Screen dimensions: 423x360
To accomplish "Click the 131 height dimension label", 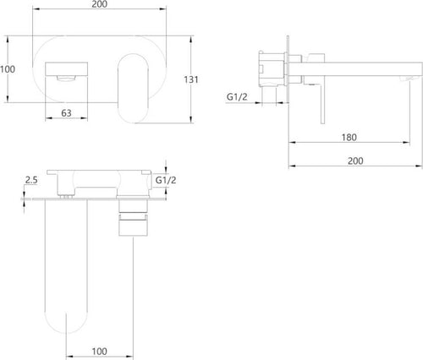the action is coord(191,79).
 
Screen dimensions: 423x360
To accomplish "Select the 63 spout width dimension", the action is coord(66,113).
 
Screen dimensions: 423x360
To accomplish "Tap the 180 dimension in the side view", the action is coord(349,138).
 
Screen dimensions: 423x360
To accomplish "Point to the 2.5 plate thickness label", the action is coord(31,180).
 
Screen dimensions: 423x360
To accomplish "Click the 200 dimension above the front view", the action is coord(100,4).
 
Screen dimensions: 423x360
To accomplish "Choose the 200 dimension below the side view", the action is coord(355,161).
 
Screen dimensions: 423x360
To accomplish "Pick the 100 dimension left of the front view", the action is coord(8,69).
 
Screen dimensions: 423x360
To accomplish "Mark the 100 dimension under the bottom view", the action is coord(100,352).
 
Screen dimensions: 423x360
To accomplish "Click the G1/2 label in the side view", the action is coord(237,97).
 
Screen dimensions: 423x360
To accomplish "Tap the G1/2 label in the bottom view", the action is coord(166,180).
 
